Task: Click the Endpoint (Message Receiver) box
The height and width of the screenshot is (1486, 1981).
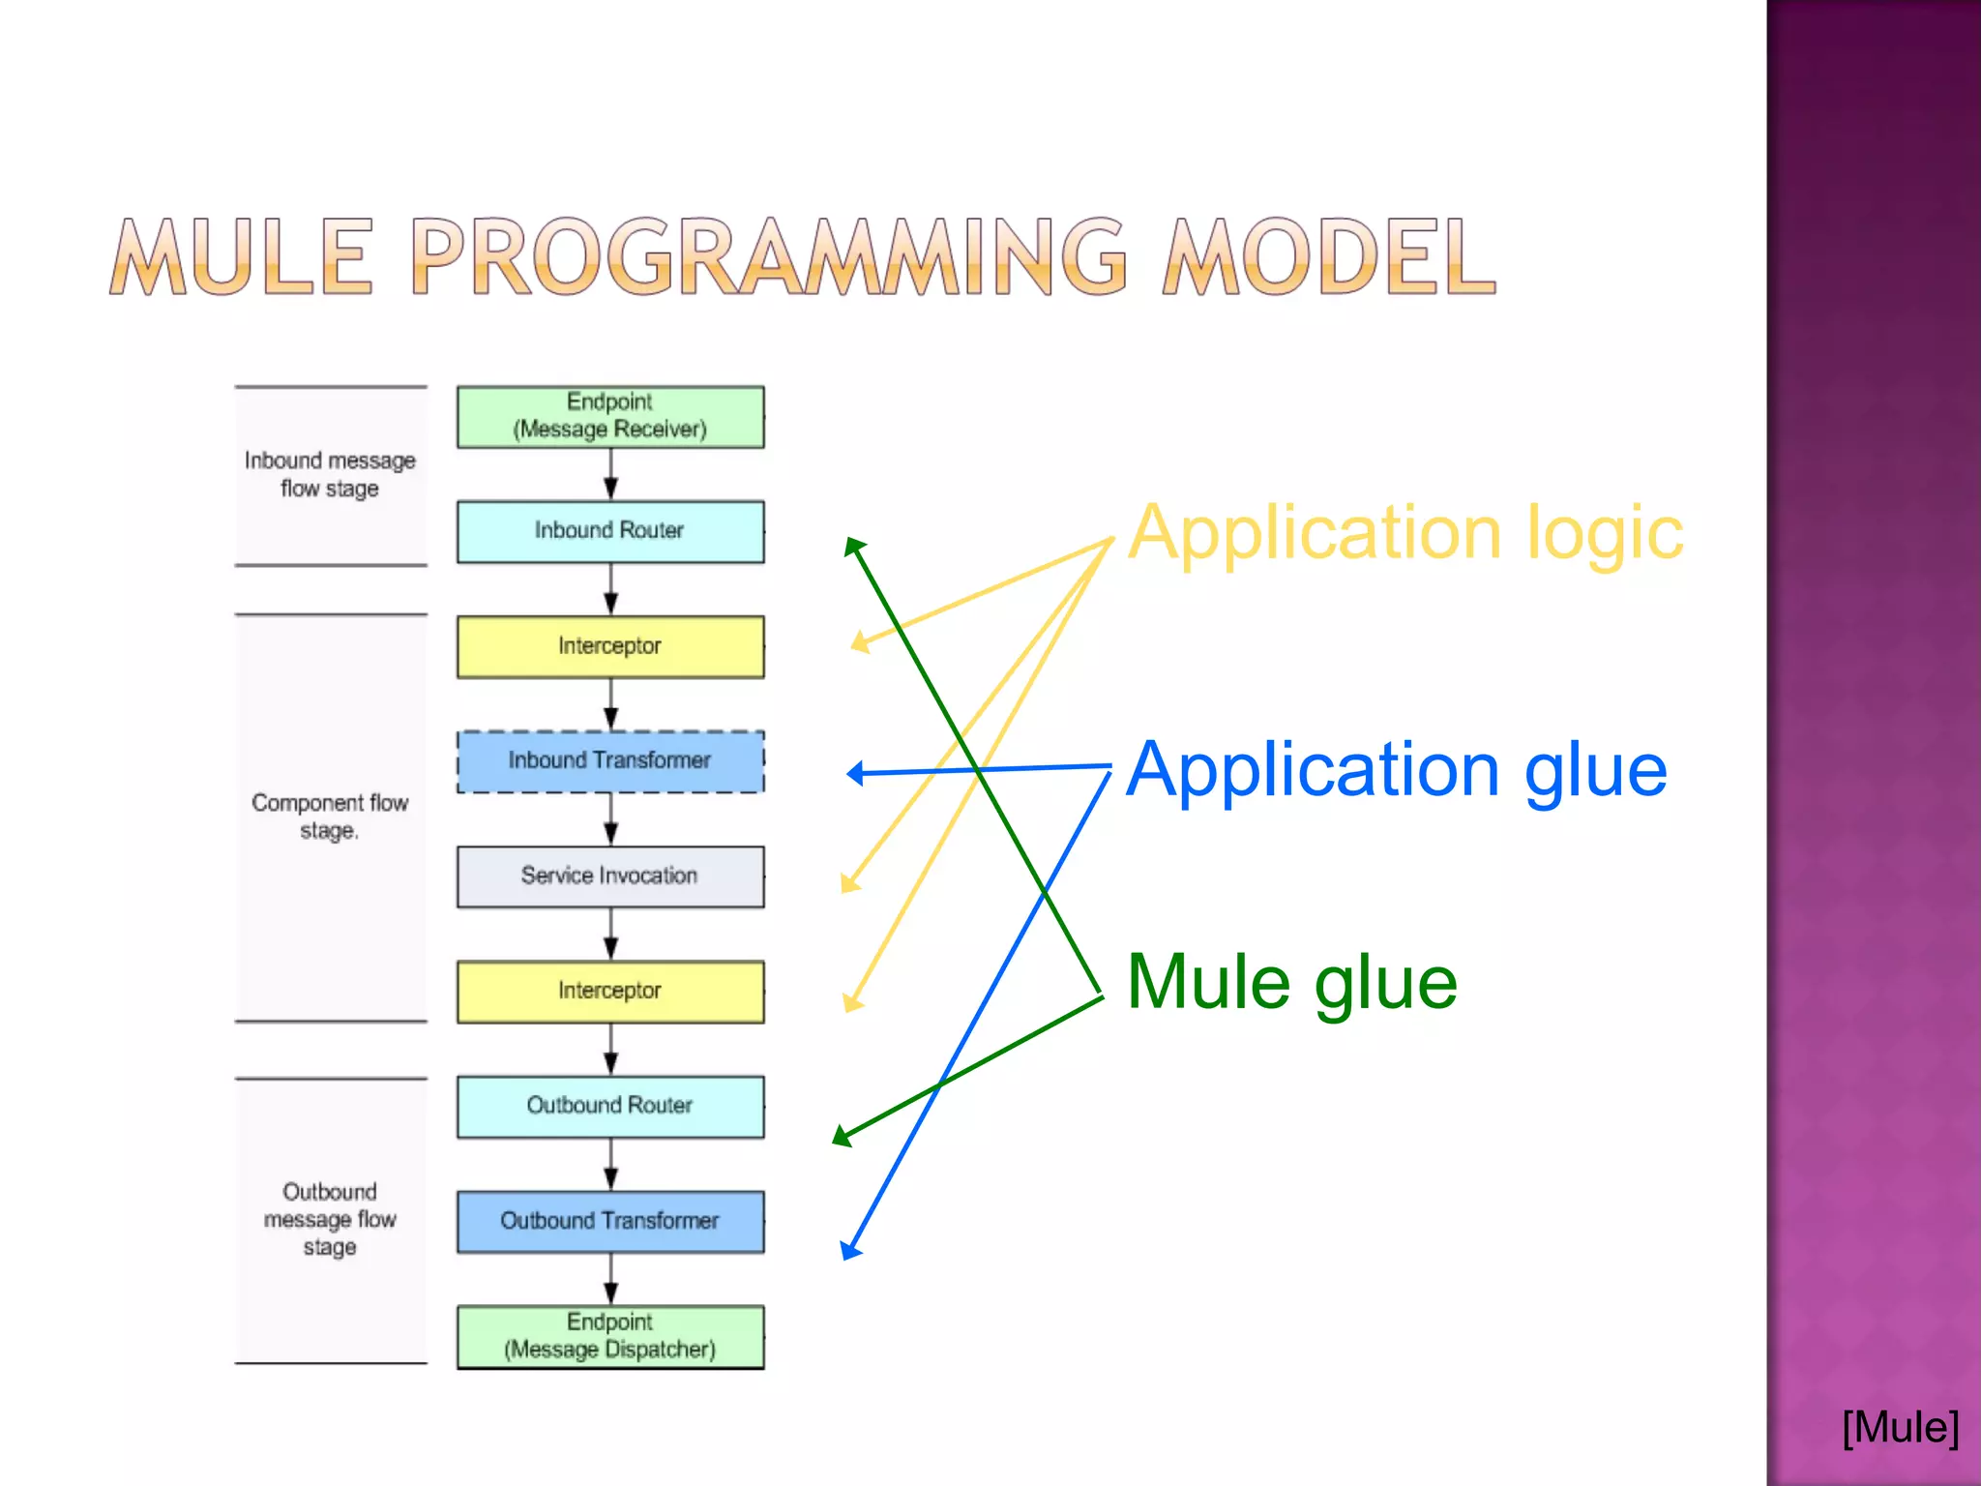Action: click(x=610, y=417)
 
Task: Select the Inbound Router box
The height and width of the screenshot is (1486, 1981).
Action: click(x=610, y=531)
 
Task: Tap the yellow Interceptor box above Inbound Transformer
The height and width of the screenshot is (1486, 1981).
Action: click(x=610, y=646)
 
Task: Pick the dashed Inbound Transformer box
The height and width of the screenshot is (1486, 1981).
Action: click(x=610, y=761)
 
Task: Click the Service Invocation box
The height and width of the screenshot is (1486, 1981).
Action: click(x=610, y=877)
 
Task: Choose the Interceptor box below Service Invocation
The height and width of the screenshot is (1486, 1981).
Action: click(x=610, y=992)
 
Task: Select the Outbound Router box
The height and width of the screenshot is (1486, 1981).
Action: click(x=610, y=1106)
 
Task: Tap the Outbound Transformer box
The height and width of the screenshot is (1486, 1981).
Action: click(x=610, y=1221)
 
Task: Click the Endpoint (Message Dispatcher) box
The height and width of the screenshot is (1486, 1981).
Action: click(x=610, y=1336)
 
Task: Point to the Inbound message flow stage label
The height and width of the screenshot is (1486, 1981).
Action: click(x=330, y=474)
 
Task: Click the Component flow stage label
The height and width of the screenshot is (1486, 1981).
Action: click(x=330, y=817)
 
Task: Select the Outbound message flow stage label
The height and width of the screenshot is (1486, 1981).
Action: click(x=330, y=1219)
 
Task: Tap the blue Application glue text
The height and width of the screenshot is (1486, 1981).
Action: click(x=1397, y=771)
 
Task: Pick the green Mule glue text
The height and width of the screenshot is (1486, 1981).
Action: click(x=1292, y=983)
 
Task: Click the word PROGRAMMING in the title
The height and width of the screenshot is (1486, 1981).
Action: click(x=769, y=256)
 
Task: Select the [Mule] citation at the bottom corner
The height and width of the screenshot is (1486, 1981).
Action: click(x=1900, y=1428)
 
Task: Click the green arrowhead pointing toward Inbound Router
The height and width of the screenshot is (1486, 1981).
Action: click(x=853, y=547)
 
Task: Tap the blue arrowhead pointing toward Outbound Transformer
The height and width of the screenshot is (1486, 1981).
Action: click(x=849, y=1251)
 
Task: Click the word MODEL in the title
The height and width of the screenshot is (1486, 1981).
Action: click(x=1330, y=256)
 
